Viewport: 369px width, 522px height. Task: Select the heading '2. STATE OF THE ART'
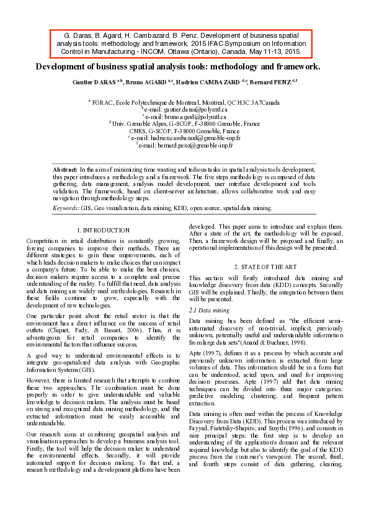265,267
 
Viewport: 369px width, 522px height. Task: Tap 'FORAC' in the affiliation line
102,102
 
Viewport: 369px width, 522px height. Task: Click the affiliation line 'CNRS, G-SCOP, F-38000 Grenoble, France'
184,131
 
